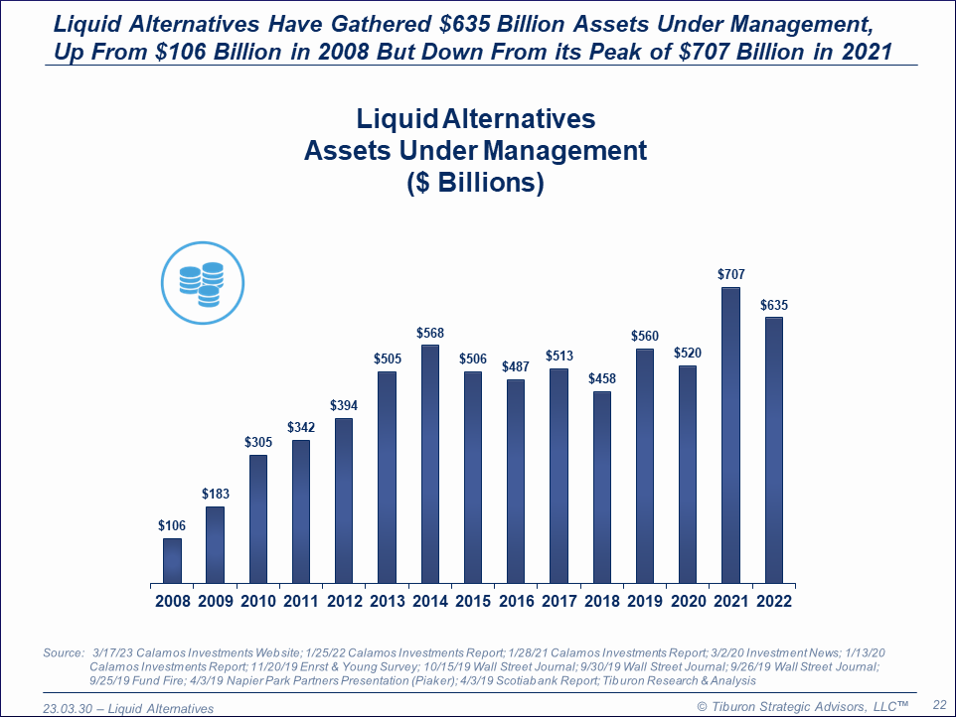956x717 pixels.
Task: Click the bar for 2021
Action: [730, 435]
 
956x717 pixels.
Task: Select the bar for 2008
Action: [173, 560]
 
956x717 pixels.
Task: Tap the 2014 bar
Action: [430, 464]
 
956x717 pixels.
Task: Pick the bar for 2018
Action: [601, 487]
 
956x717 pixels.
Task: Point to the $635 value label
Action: [772, 305]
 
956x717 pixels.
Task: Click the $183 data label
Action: [215, 494]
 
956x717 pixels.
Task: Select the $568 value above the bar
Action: [430, 332]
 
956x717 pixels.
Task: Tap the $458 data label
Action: [601, 378]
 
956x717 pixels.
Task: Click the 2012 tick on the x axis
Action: [344, 601]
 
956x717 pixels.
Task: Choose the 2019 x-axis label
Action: [644, 601]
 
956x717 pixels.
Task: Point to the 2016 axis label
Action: [516, 601]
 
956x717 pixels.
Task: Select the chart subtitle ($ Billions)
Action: [475, 184]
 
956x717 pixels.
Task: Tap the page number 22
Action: [938, 703]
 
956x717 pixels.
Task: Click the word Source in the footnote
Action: [64, 652]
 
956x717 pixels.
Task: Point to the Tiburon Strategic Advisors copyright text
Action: [802, 705]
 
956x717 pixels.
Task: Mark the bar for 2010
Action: [258, 518]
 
